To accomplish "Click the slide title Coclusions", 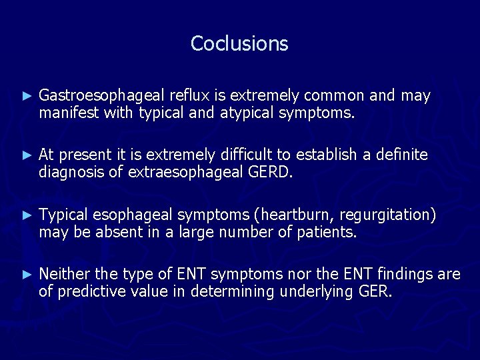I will click(x=239, y=43).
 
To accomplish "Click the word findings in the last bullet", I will click(x=405, y=274).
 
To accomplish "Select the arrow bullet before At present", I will click(x=27, y=155).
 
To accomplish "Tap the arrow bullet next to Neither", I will click(x=27, y=274).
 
